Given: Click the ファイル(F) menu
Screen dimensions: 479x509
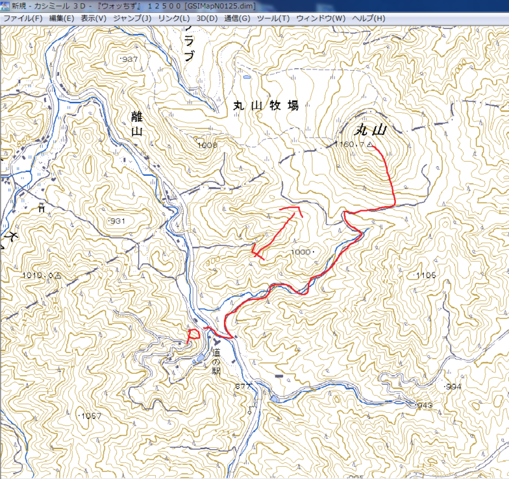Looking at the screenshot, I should pos(22,18).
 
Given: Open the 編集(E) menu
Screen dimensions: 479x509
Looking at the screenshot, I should pos(61,18).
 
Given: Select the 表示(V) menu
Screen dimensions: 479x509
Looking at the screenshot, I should pos(94,18).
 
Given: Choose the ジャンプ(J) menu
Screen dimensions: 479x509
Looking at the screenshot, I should pos(132,18).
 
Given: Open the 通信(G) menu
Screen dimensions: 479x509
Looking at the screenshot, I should pos(237,18).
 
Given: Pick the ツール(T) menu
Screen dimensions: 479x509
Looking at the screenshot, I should pos(273,18).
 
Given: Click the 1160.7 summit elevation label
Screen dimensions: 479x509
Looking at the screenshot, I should pos(351,145).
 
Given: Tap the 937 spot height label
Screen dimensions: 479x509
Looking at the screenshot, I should pos(129,59).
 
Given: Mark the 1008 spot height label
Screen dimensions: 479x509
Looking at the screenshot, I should pos(207,146).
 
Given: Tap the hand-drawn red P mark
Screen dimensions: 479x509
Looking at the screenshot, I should pos(193,334).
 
